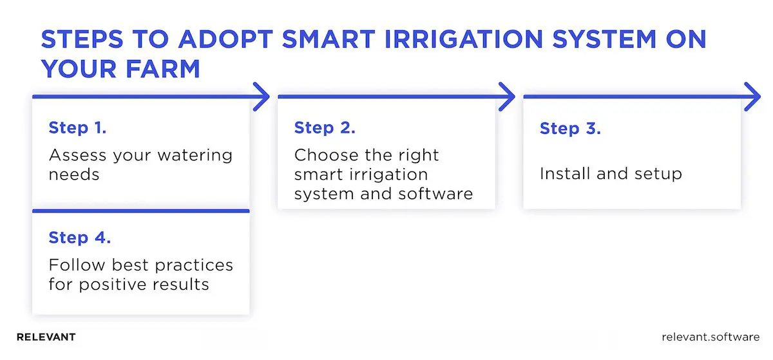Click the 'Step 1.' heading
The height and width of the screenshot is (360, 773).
77,128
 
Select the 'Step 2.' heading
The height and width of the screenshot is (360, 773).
325,128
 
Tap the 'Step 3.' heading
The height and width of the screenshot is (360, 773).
570,128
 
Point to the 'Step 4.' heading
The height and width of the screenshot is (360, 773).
80,238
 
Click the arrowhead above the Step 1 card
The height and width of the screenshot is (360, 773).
261,97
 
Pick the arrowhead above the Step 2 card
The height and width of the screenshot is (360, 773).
507,97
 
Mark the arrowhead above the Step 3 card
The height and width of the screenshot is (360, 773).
752,97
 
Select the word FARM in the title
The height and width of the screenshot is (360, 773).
161,68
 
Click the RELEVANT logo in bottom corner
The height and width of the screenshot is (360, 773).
46,337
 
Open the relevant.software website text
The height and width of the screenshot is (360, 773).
710,337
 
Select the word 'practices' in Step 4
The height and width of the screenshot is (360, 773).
189,265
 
